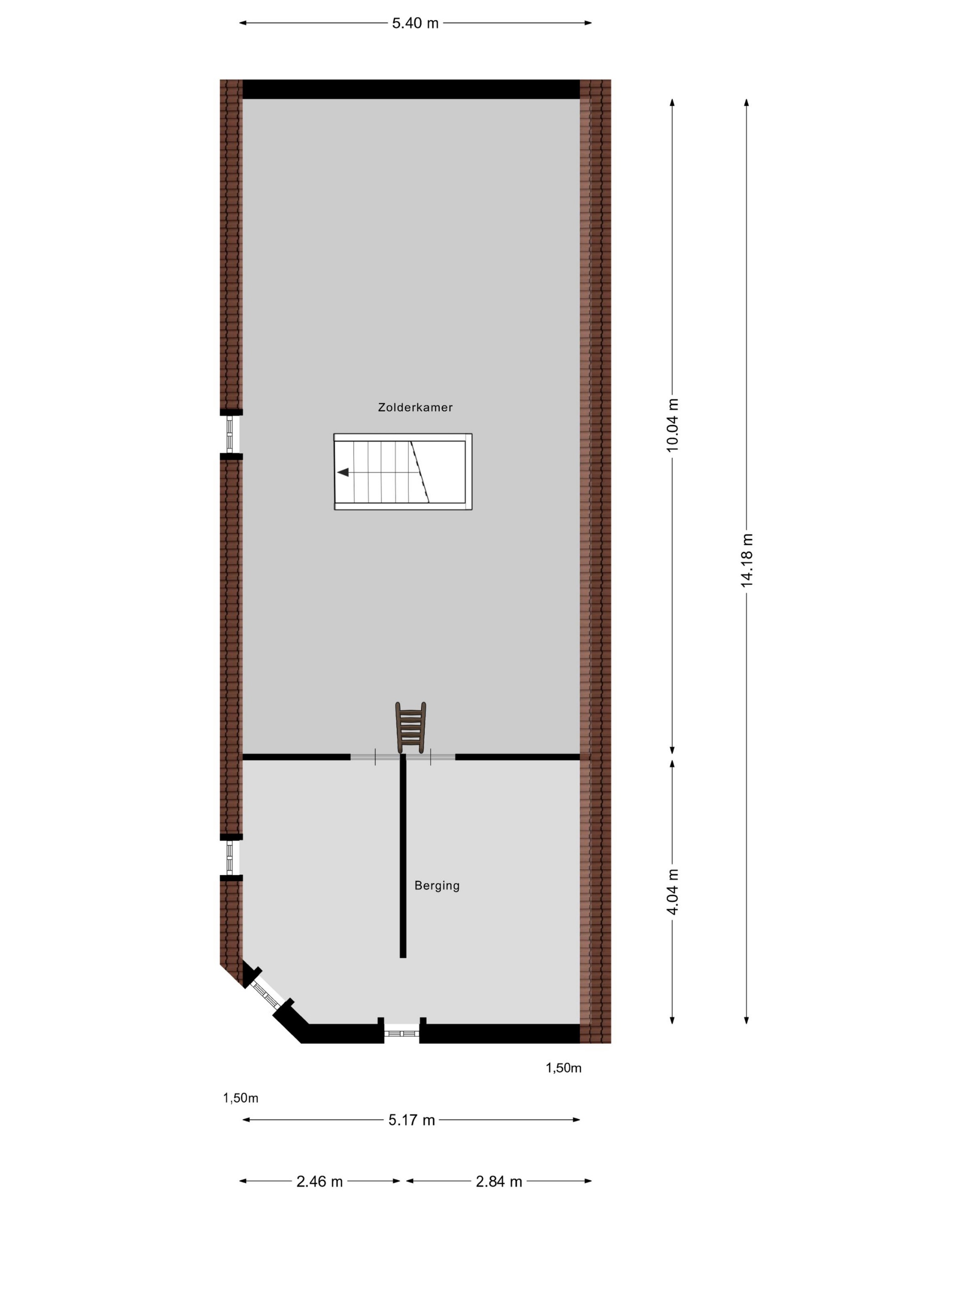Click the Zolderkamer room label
415,407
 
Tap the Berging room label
436,885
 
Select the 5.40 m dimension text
415,24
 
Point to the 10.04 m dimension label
672,425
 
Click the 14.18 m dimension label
747,560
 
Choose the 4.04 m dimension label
672,892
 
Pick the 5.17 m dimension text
411,1120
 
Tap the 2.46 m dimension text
319,1182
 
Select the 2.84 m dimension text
498,1182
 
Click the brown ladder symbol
410,727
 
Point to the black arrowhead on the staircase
343,472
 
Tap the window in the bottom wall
401,1033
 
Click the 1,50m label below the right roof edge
563,1068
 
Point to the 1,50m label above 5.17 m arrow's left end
240,1098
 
